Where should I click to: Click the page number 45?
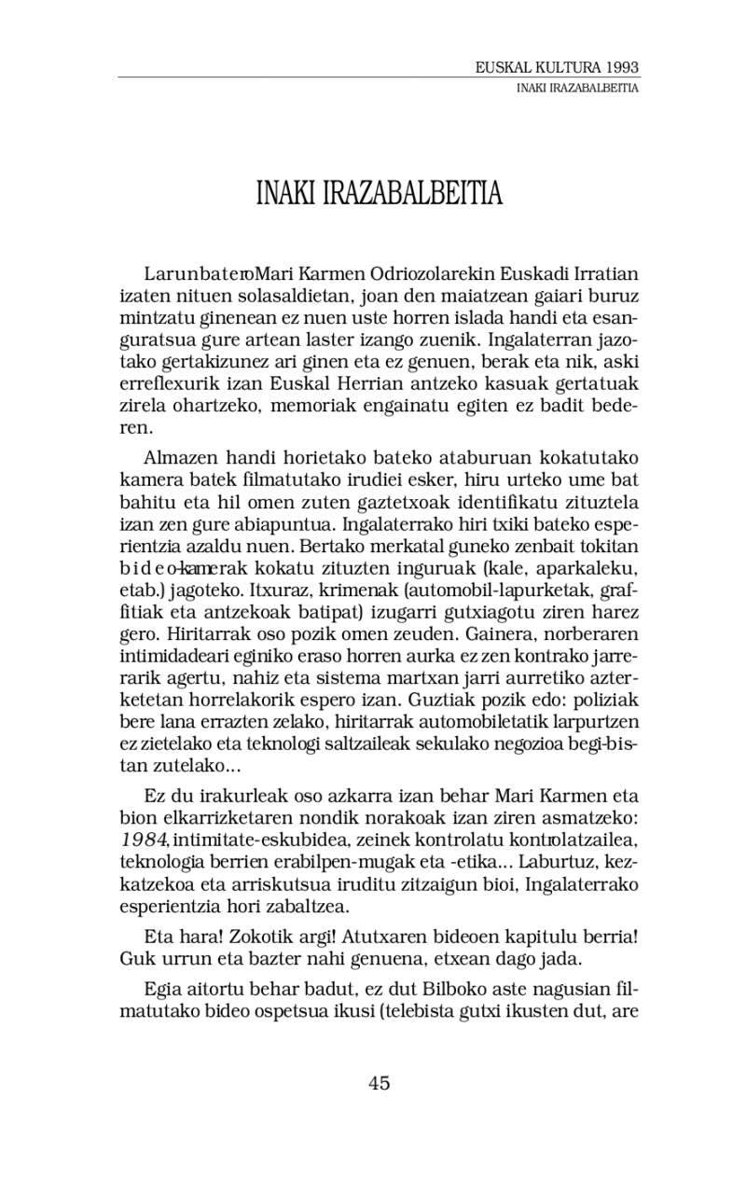(x=379, y=1082)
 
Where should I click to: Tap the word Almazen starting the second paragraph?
(x=178, y=457)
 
